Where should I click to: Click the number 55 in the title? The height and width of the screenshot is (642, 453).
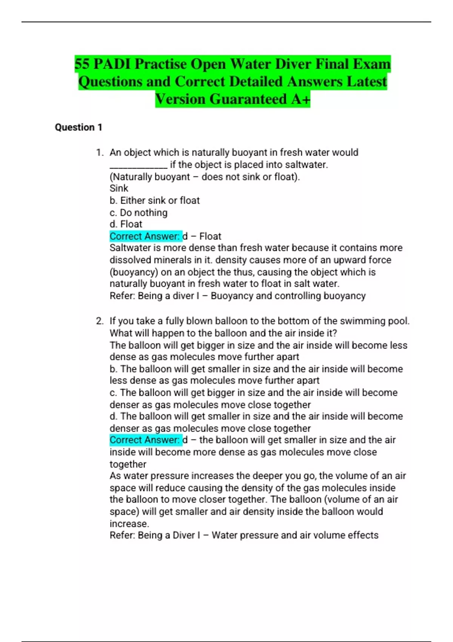pyautogui.click(x=82, y=64)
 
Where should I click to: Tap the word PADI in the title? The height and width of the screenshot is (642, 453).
pyautogui.click(x=112, y=64)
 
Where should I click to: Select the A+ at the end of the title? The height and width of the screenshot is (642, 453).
pyautogui.click(x=300, y=99)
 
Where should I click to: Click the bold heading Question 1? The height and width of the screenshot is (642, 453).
pyautogui.click(x=79, y=127)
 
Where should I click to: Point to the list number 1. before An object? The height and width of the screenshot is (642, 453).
pyautogui.click(x=100, y=153)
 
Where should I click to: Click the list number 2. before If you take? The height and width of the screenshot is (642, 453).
pyautogui.click(x=100, y=321)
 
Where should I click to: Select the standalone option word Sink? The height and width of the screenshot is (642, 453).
pyautogui.click(x=119, y=188)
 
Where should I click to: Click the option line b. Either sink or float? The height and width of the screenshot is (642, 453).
pyautogui.click(x=154, y=201)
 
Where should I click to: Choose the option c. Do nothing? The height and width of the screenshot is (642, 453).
pyautogui.click(x=138, y=213)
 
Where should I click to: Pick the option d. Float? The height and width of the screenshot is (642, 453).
pyautogui.click(x=126, y=224)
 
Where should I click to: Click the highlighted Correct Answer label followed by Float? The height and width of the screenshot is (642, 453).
pyautogui.click(x=145, y=236)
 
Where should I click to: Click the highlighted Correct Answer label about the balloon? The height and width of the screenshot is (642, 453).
pyautogui.click(x=145, y=440)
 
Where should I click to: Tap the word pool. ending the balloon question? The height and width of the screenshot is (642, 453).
pyautogui.click(x=399, y=321)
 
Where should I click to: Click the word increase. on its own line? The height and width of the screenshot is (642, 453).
pyautogui.click(x=129, y=524)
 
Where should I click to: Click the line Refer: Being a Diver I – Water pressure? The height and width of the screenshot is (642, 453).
pyautogui.click(x=244, y=536)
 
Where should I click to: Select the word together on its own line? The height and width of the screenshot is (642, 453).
pyautogui.click(x=128, y=464)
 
